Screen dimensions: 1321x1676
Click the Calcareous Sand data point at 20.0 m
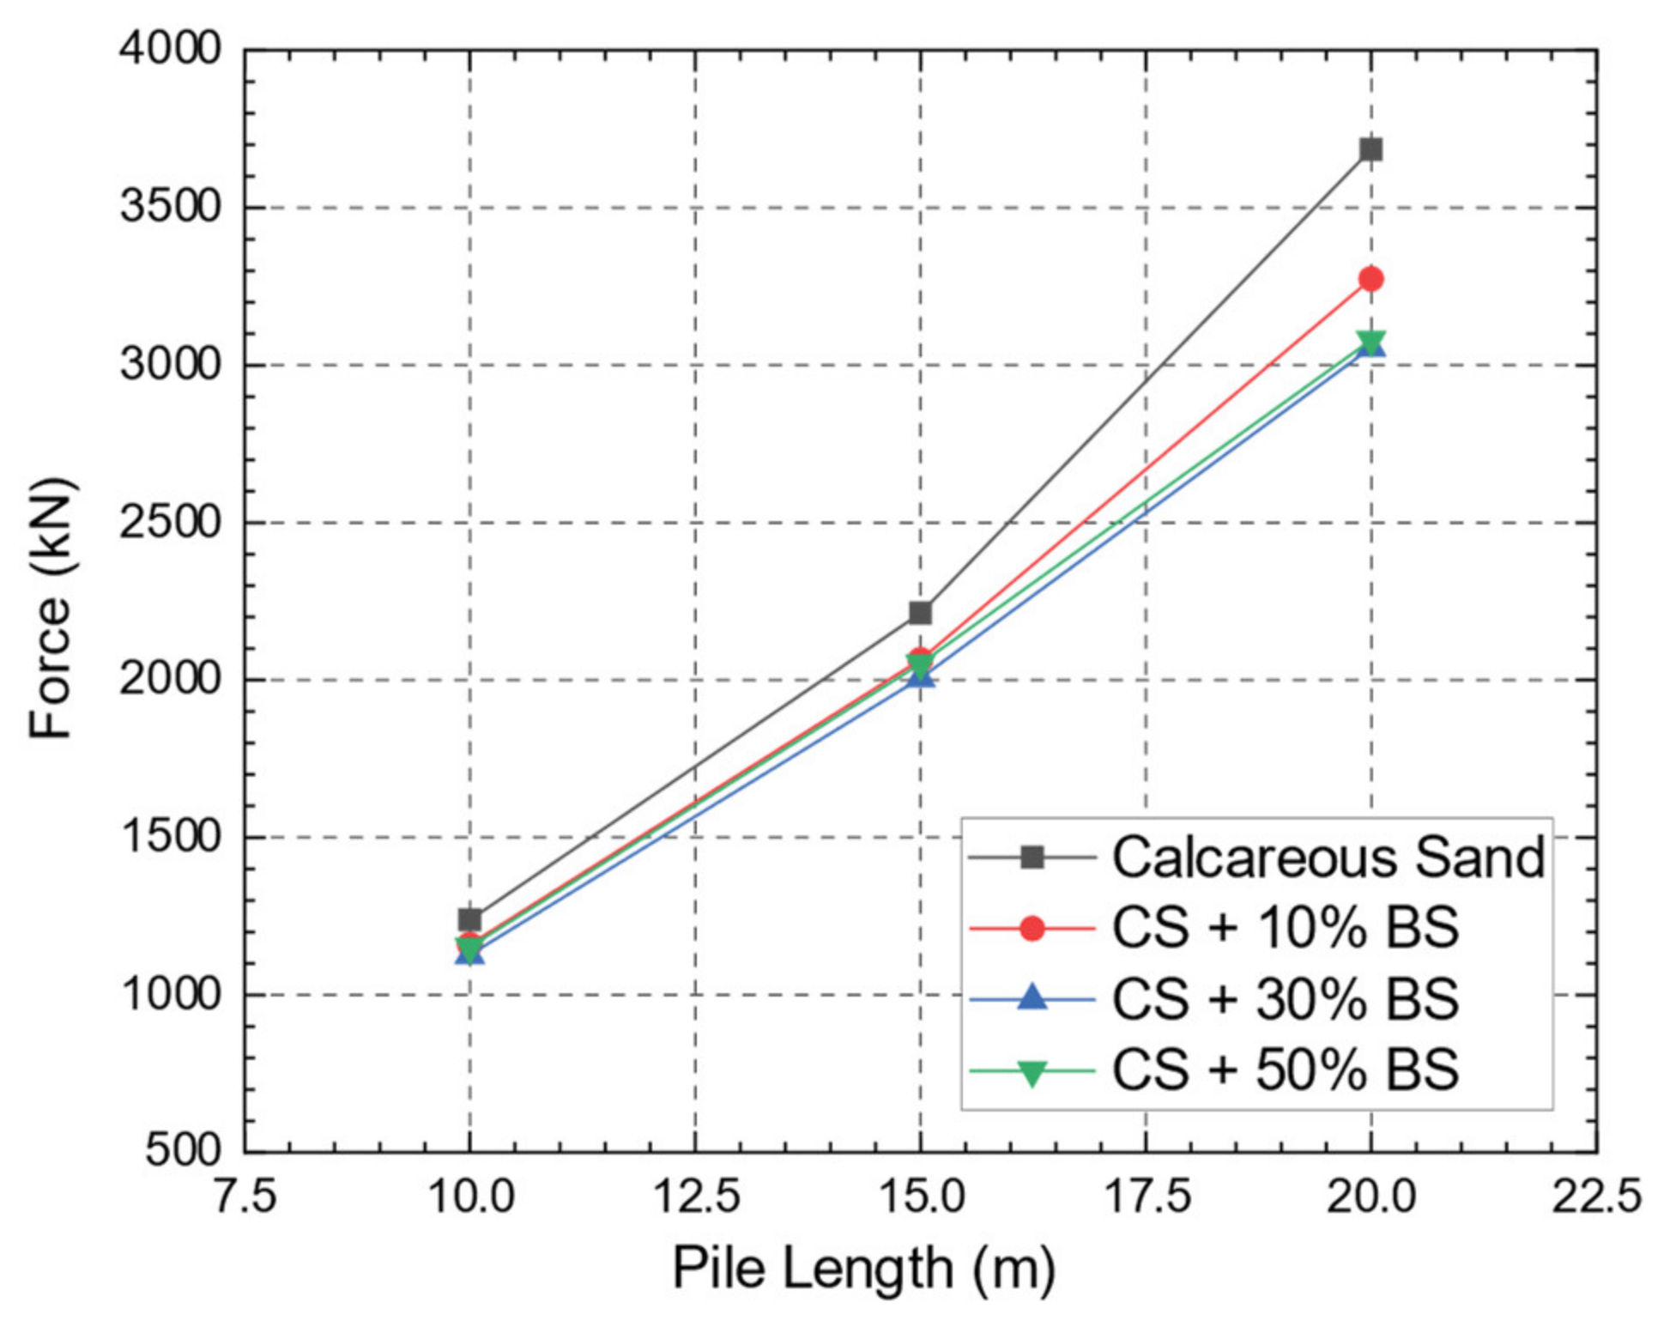pyautogui.click(x=1370, y=150)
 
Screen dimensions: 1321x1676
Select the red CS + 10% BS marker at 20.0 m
pyautogui.click(x=1370, y=279)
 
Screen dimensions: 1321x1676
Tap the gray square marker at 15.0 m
pyautogui.click(x=920, y=613)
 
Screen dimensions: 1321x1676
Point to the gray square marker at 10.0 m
pyautogui.click(x=469, y=919)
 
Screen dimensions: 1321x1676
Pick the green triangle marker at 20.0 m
pyautogui.click(x=1370, y=340)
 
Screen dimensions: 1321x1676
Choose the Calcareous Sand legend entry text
pyautogui.click(x=1328, y=857)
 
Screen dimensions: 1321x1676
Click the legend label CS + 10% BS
pyautogui.click(x=1285, y=928)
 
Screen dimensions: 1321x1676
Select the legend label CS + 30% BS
pyautogui.click(x=1285, y=999)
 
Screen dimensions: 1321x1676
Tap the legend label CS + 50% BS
pyautogui.click(x=1285, y=1070)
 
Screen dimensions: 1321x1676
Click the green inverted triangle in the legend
pyautogui.click(x=1032, y=1072)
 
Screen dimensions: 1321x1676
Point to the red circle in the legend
pyautogui.click(x=1032, y=928)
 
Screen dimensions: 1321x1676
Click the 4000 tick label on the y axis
pyautogui.click(x=169, y=49)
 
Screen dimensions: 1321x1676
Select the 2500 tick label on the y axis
pyautogui.click(x=169, y=522)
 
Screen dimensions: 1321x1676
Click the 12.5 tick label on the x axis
pyautogui.click(x=695, y=1196)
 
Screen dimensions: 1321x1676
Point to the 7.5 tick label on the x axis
pyautogui.click(x=245, y=1196)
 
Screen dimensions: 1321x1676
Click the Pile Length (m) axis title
pyautogui.click(x=862, y=1269)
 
